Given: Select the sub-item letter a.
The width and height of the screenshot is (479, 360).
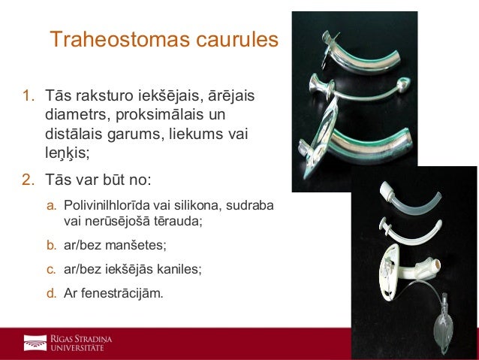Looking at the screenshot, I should pyautogui.click(x=51, y=205).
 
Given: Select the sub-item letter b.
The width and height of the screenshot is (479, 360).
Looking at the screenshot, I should pyautogui.click(x=51, y=245).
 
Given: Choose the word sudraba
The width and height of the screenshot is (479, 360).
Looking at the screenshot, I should pyautogui.click(x=252, y=205).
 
